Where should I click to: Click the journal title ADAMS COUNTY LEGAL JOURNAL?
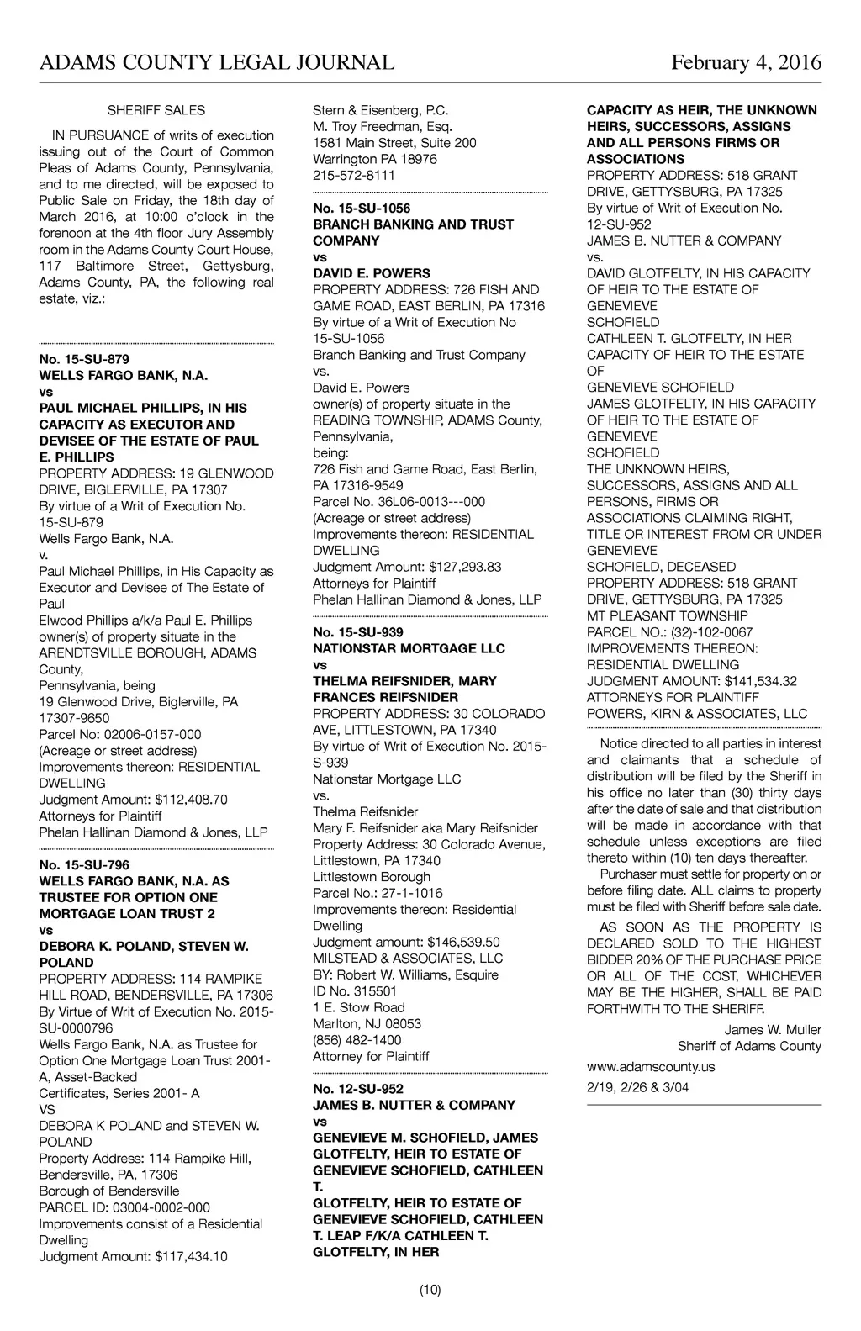pos(217,63)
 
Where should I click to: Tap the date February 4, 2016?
pos(746,63)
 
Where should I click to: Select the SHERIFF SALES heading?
pos(156,110)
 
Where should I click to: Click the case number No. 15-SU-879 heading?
pos(84,359)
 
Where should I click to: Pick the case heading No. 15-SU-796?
pos(84,864)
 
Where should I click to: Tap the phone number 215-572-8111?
pos(353,175)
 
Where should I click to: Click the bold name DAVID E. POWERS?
pos(371,273)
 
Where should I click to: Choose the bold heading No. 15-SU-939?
pos(358,632)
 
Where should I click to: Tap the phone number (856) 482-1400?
pos(357,1040)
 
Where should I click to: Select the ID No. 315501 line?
pos(355,991)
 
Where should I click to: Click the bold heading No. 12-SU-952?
pos(358,1089)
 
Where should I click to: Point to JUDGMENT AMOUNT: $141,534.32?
pos(691,681)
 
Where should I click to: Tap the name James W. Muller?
pos(773,1030)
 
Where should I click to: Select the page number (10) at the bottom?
pos(430,1290)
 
